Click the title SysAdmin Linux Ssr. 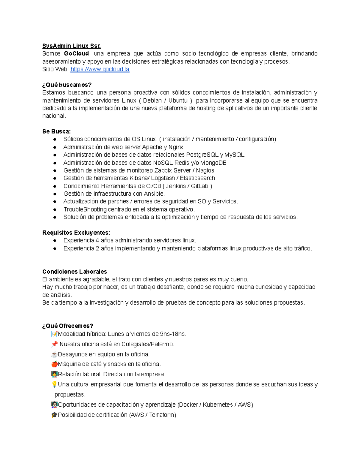click(71, 46)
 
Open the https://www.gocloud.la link click(100, 69)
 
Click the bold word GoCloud click(76, 54)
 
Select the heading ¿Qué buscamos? click(67, 85)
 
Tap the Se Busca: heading click(56, 131)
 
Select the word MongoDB click(213, 163)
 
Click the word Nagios click(205, 170)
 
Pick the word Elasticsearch click(197, 178)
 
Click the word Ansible click(154, 194)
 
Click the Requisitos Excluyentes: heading click(76, 233)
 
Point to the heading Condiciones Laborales click(74, 272)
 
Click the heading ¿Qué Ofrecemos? click(68, 326)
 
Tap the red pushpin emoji click(54, 344)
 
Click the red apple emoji click(54, 364)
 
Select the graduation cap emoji click(54, 415)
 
